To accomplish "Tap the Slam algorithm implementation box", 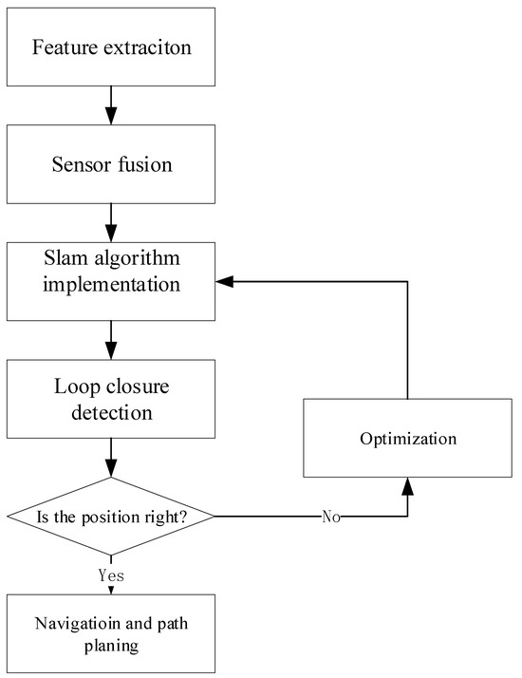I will click(x=111, y=280).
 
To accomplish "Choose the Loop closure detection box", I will click(x=111, y=399).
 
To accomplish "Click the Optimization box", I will click(x=407, y=438).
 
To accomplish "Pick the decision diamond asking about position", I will click(x=111, y=516).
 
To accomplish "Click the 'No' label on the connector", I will click(x=330, y=518).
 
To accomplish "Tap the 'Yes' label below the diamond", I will click(x=112, y=575).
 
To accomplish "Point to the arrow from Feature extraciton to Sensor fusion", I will click(x=111, y=103).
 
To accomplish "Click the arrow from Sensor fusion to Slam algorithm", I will click(x=111, y=221).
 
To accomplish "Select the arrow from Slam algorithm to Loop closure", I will click(x=111, y=339).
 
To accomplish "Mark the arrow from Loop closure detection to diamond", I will click(x=111, y=457).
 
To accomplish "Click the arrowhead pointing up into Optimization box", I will click(x=407, y=486).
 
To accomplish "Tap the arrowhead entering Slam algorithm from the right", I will click(x=224, y=281).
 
